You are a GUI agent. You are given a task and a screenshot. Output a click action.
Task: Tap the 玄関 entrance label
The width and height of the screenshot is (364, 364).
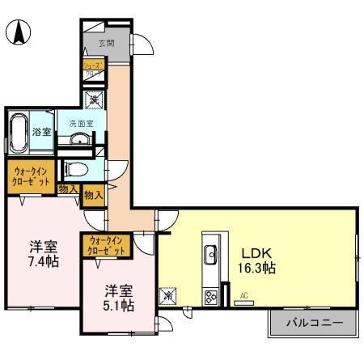click(x=106, y=43)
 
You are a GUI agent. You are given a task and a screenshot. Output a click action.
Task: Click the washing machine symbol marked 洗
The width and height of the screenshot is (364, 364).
click(x=95, y=101)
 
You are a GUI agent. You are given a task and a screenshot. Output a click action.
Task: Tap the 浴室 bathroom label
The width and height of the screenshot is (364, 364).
click(x=41, y=130)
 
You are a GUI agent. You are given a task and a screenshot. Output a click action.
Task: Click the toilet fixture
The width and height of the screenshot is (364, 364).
click(x=75, y=170)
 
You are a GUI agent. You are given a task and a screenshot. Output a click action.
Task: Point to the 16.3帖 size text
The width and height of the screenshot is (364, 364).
click(x=257, y=269)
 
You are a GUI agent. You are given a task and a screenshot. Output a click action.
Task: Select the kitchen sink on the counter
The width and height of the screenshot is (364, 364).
click(x=210, y=255)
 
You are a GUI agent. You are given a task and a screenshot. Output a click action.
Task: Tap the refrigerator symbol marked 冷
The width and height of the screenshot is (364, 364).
click(x=168, y=296)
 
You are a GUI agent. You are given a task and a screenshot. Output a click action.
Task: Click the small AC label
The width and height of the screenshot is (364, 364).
click(x=244, y=296)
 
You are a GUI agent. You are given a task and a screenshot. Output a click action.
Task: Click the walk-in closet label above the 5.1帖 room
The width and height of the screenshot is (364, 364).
click(x=107, y=245)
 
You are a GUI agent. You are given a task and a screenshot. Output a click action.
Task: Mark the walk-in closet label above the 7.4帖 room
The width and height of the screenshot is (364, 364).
click(x=31, y=176)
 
